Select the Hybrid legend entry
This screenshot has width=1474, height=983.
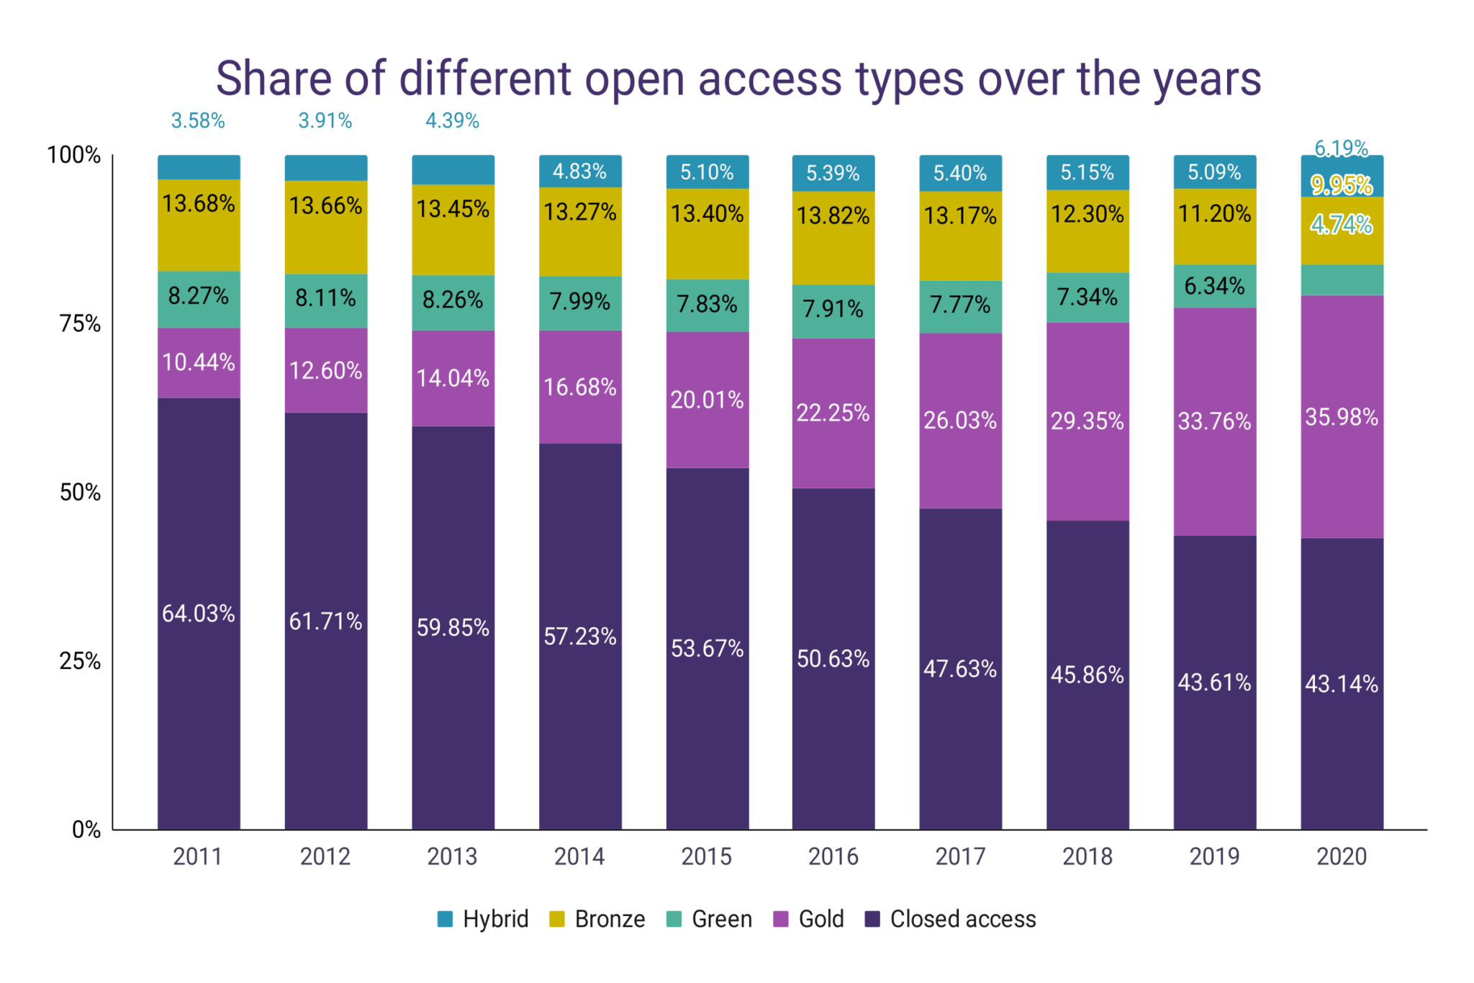pos(483,919)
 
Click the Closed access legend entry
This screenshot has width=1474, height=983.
pos(951,919)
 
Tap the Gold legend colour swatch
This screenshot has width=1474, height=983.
pos(780,919)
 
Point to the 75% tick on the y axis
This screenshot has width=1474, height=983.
pos(80,323)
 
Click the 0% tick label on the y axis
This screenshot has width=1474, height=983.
pos(86,830)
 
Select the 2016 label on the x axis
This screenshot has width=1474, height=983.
pos(833,856)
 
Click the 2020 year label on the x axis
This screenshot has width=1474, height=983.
pos(1341,856)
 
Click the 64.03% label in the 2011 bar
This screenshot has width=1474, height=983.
pos(199,613)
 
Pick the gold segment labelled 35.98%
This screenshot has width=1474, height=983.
pos(1341,417)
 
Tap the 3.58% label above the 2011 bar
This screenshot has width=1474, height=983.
pos(198,121)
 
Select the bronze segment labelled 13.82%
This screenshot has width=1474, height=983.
pos(833,216)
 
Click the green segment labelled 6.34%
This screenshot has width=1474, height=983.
pos(1214,286)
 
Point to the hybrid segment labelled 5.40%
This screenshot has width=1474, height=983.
pos(959,173)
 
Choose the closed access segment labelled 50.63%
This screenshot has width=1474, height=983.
pos(833,658)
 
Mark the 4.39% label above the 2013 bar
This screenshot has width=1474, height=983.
pos(452,121)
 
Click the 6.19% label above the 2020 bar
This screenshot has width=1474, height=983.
pos(1341,148)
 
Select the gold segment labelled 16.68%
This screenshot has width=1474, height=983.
pos(579,387)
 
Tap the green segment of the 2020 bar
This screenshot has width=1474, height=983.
pos(1341,280)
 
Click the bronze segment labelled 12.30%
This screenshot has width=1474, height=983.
pos(1087,214)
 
